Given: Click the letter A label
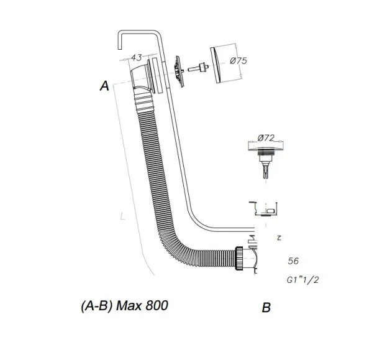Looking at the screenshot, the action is click(x=104, y=86).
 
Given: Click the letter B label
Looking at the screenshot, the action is click(x=266, y=308).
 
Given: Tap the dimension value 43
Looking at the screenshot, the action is click(x=137, y=58).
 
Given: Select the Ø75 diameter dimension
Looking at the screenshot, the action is click(x=239, y=60).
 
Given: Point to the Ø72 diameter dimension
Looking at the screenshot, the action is click(x=266, y=138).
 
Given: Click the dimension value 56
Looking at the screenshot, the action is click(x=293, y=261).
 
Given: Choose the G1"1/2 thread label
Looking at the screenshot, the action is click(x=303, y=280).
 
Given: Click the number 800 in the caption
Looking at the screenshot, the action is click(x=157, y=305).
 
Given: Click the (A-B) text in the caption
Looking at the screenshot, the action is click(x=96, y=306).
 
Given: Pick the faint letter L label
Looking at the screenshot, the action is click(x=123, y=216).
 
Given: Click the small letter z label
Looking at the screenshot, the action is click(x=279, y=238).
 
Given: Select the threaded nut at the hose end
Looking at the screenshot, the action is click(x=240, y=258).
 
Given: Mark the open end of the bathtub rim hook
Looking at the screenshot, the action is click(x=120, y=49).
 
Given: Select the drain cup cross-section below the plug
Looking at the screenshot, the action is click(x=264, y=210).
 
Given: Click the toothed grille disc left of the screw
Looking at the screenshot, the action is click(x=180, y=72).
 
